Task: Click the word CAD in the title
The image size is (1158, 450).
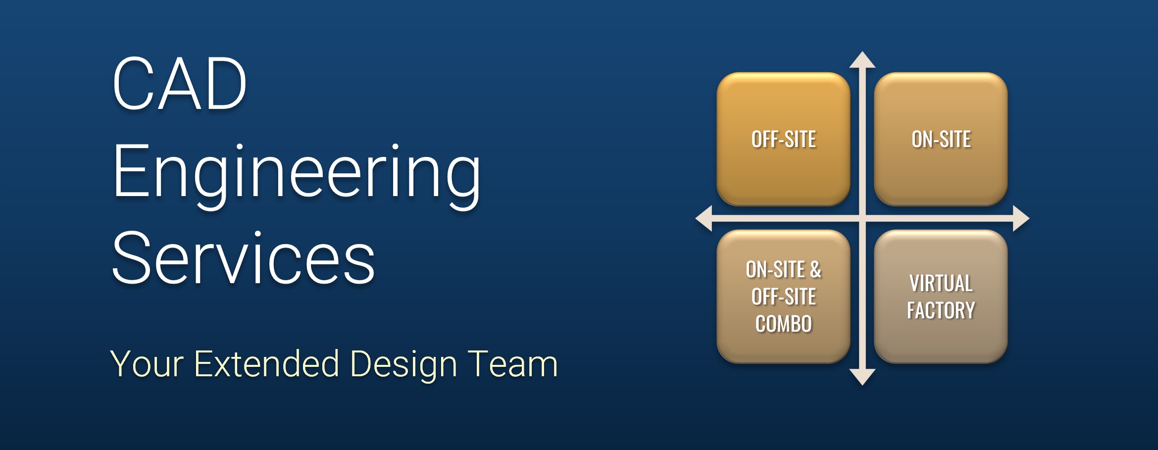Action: pos(180,83)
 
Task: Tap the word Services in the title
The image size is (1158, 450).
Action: pos(244,258)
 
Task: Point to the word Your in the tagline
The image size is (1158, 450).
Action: pos(147,364)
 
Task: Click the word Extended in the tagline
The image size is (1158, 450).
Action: pos(267,363)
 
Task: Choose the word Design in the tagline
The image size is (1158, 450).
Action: pos(403,365)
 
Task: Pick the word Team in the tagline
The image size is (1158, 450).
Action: pos(513,364)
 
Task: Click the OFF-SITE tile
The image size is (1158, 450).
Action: pos(783,139)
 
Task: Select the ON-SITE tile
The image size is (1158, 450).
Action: pos(941,139)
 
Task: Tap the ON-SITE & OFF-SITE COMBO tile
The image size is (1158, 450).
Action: pos(783,297)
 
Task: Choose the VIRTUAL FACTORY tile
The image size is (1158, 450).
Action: pos(941,297)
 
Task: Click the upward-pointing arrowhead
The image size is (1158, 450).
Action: pos(862,60)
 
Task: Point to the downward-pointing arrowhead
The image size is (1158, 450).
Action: pos(862,377)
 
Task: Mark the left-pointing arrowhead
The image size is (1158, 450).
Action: pos(704,218)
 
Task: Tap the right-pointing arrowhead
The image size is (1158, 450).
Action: pos(1021,218)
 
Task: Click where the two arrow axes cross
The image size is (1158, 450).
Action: pos(862,218)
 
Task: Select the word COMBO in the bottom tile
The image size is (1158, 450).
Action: pos(784,324)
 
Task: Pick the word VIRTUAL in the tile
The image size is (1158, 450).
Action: pos(941,283)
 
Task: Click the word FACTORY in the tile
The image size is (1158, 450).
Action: pos(941,310)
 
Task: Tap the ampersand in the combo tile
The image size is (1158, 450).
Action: pos(815,270)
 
